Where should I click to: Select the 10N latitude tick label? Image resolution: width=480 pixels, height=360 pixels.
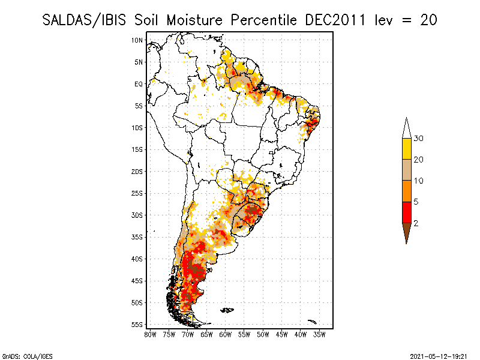point(137,40)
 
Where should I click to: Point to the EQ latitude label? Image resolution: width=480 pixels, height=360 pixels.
point(139,84)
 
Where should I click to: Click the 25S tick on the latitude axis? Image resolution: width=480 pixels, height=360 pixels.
point(137,193)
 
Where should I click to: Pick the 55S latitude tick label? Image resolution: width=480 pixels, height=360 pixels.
point(137,325)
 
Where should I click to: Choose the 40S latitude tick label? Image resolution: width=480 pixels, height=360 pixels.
point(137,259)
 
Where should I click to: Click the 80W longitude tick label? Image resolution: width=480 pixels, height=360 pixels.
point(150,334)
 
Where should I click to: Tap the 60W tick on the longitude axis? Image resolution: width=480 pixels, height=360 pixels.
point(226,334)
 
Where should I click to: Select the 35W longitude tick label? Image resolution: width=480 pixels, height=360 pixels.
point(320,334)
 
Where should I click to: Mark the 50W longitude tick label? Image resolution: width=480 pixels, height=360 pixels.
point(263,334)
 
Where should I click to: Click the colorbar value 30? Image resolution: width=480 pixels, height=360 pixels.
point(419,139)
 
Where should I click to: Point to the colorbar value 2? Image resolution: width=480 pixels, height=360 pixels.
point(416,223)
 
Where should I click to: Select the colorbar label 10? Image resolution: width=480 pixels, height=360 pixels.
point(419,181)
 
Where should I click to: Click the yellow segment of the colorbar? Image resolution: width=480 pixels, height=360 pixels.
point(406,149)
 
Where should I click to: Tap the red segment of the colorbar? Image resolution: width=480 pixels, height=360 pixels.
point(406,212)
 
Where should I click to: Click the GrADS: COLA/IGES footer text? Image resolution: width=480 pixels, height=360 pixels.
point(23,355)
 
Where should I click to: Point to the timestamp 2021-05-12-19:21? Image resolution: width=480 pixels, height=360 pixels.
point(439,355)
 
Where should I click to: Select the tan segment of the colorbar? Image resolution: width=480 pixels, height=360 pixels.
point(406,170)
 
